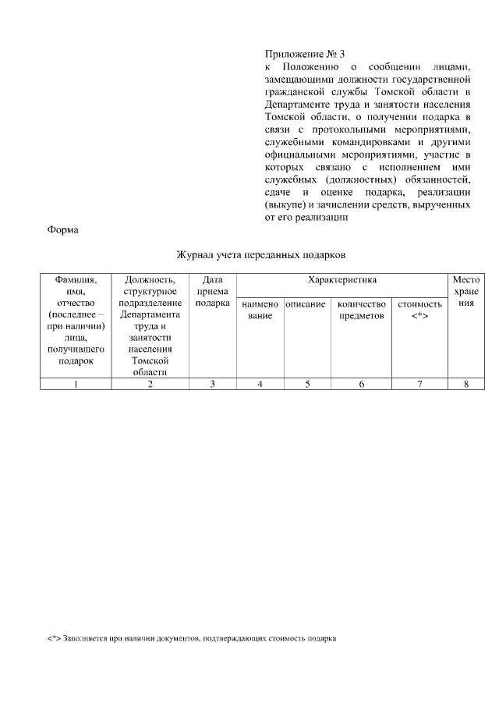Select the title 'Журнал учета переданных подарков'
coord(260,255)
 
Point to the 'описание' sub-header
coord(305,303)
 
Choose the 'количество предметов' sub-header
coord(361,310)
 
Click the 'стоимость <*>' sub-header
coord(419,310)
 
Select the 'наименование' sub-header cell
coord(260,310)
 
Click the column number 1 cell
coord(76,383)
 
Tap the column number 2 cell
coord(150,383)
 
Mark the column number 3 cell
coord(212,383)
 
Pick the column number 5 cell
coord(307,383)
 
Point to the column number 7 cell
coord(419,383)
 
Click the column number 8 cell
coord(466,383)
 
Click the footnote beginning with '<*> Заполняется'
coord(192,639)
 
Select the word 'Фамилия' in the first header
coord(76,279)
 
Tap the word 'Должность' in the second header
coord(150,279)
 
